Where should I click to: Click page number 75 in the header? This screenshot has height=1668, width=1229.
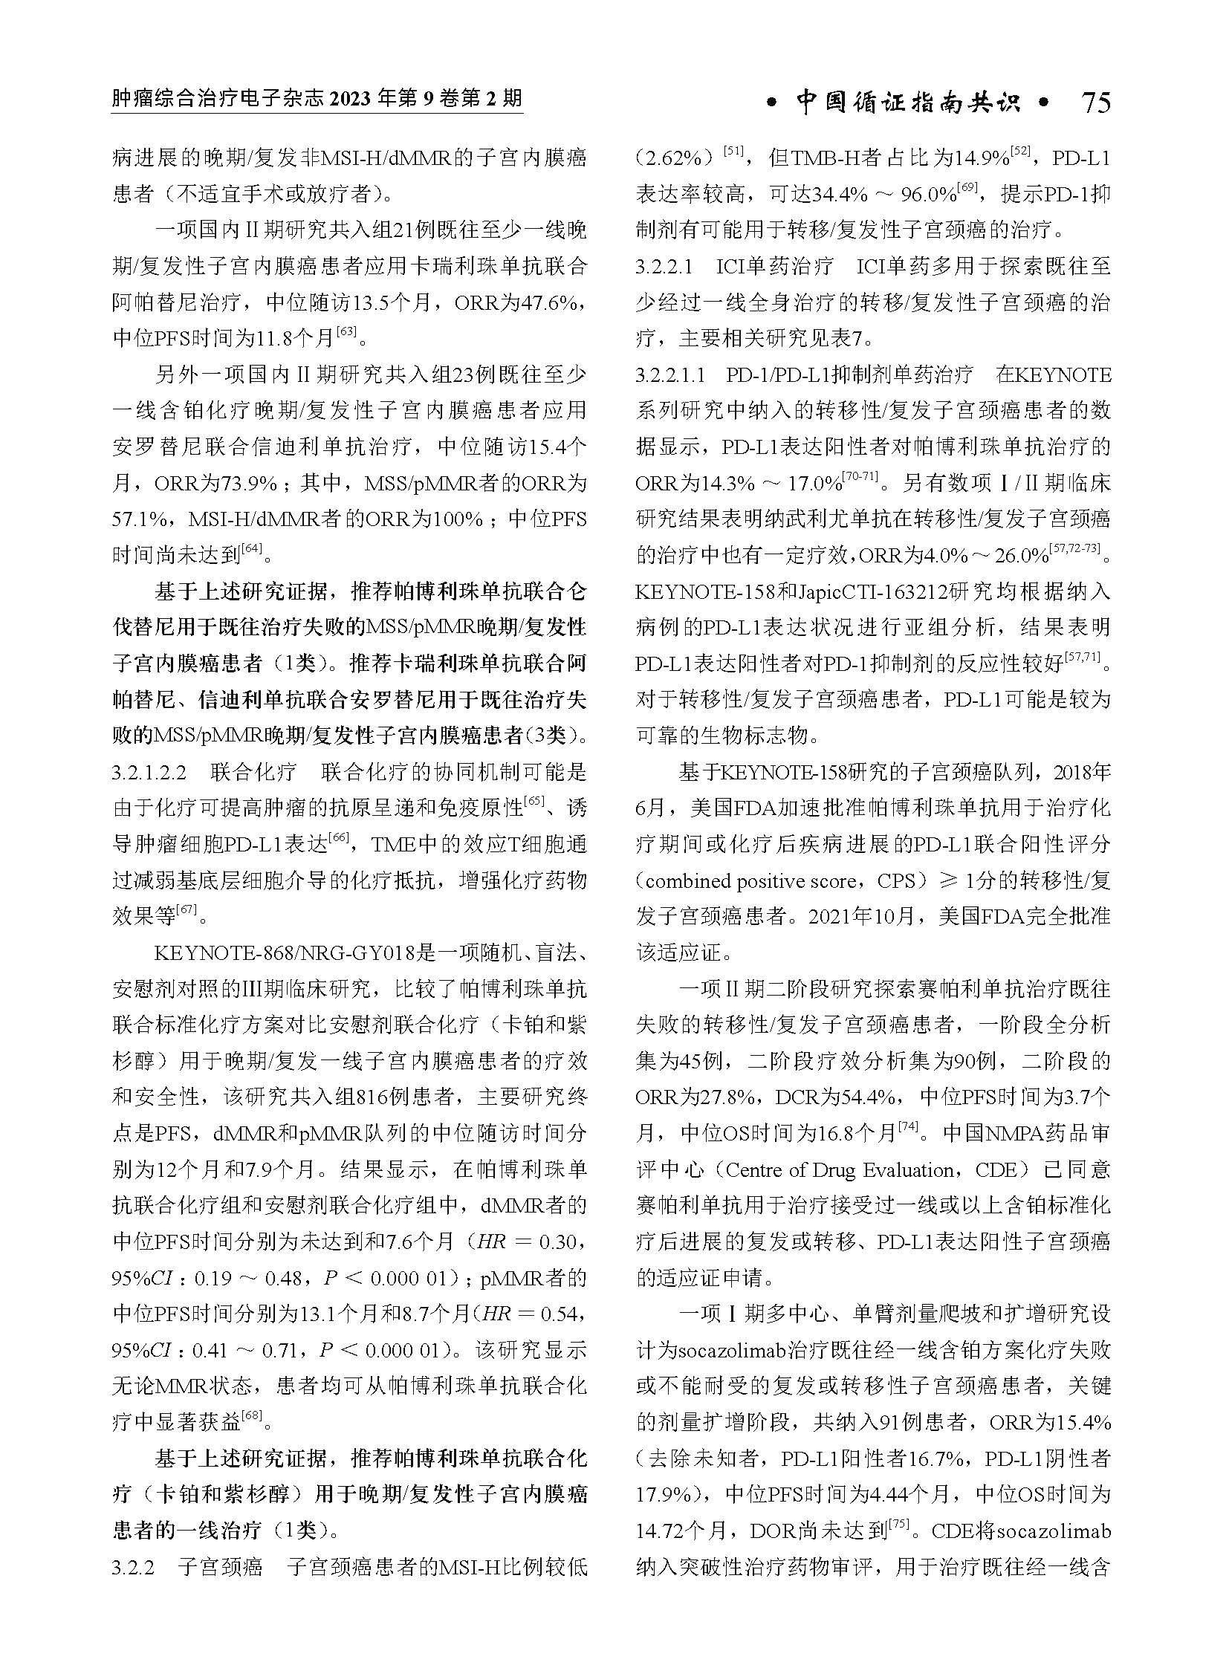click(1096, 103)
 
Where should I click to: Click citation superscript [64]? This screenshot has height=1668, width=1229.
click(252, 549)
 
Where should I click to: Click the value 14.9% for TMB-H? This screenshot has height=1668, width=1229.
click(983, 158)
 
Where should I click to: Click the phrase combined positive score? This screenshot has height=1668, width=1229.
click(751, 881)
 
